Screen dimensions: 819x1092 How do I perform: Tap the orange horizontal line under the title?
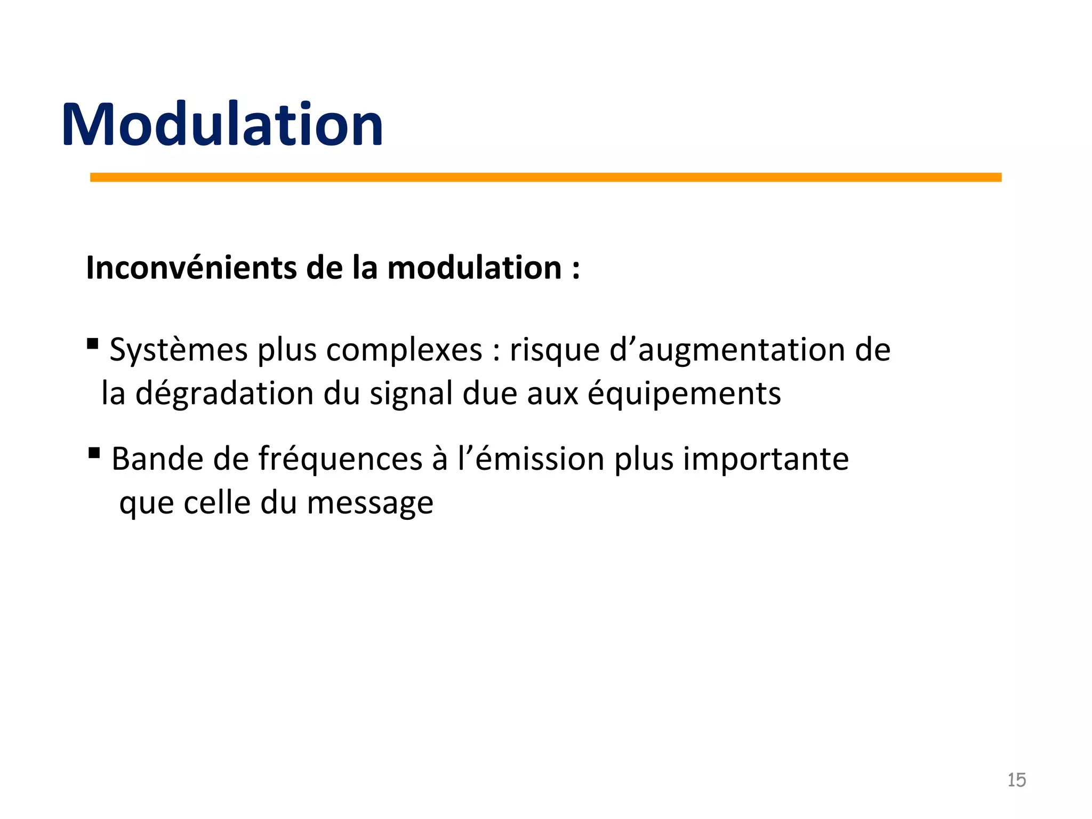545,178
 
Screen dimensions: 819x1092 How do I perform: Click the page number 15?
1016,780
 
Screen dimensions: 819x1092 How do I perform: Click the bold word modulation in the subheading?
474,268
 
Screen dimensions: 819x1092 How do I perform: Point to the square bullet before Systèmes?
92,344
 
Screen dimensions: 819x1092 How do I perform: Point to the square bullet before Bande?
94,453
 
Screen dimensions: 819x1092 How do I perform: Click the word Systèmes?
179,351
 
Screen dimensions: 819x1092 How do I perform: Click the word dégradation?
224,395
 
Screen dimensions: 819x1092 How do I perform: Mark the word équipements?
684,395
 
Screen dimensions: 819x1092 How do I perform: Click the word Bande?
157,459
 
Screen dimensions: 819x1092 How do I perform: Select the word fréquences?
341,459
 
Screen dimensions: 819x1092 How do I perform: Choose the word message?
370,504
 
